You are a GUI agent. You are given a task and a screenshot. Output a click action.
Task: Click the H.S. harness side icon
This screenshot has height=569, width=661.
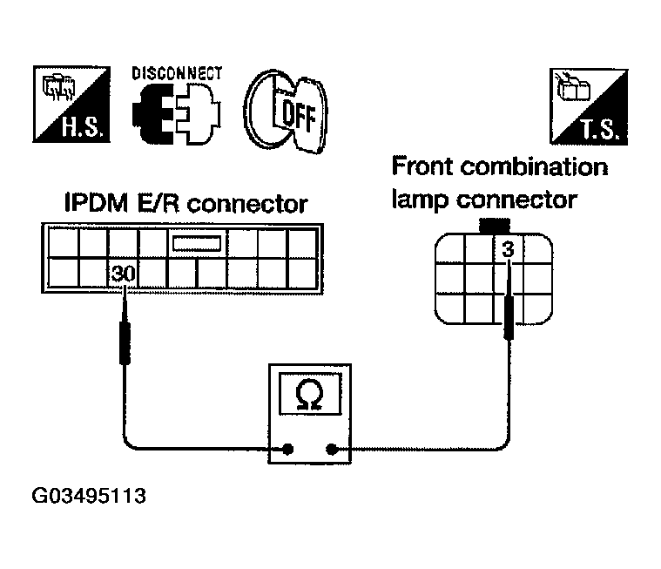[71, 104]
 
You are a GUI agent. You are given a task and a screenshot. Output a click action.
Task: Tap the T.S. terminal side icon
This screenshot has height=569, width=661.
[589, 106]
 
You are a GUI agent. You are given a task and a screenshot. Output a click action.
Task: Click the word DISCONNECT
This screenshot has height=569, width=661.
[177, 73]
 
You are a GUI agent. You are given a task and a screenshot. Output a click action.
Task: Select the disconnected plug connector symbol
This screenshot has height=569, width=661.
[176, 114]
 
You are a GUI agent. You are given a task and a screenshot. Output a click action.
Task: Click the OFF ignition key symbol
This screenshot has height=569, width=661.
[286, 111]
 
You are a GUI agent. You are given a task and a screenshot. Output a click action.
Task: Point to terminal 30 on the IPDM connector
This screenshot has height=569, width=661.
[123, 274]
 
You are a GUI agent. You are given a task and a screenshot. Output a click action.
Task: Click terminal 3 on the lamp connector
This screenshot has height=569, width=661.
[509, 249]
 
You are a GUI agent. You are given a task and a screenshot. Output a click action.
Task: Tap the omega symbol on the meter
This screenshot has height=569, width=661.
[309, 395]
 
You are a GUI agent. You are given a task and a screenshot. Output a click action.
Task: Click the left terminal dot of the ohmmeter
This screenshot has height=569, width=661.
[288, 450]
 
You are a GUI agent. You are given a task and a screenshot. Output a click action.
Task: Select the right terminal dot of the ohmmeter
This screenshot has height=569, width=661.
[332, 450]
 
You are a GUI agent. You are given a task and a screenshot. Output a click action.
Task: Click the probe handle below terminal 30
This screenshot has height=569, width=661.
[125, 343]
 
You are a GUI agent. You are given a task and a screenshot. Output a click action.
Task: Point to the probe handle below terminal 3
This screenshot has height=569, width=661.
[509, 317]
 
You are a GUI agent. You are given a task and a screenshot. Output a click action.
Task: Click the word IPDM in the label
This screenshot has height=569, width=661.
[96, 203]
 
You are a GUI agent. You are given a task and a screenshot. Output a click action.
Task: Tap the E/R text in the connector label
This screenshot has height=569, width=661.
[159, 203]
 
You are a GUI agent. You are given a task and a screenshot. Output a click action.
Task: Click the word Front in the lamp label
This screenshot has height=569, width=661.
[422, 166]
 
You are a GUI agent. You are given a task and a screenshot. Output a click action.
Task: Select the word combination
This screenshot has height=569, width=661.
[534, 166]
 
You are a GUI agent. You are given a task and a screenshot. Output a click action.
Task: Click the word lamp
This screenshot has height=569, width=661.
[421, 199]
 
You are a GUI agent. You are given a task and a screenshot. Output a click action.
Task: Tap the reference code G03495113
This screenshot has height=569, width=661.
[89, 496]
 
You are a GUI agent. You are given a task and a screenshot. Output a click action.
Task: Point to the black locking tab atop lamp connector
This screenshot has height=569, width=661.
[495, 225]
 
